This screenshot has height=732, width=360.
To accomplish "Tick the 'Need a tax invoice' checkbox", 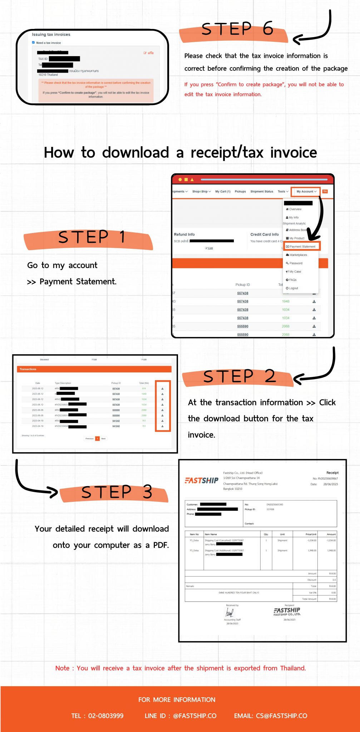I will point(34,43).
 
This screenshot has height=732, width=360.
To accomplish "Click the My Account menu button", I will point(306,192).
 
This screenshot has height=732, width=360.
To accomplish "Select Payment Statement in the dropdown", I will point(302,247).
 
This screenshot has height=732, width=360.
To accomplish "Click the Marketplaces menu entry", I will point(298,255).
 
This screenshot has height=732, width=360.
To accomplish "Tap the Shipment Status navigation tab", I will point(262,192).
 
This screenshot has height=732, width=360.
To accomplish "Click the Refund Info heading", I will point(184,234).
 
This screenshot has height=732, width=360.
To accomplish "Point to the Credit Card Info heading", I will point(265,234).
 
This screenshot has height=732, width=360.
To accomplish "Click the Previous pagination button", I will point(89,439).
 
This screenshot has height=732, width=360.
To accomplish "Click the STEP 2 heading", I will point(240,376).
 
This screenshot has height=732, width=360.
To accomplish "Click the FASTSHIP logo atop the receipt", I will point(202,480).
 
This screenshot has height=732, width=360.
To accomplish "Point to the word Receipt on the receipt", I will point(332,473).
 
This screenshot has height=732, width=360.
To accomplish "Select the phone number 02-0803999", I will point(105,716).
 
